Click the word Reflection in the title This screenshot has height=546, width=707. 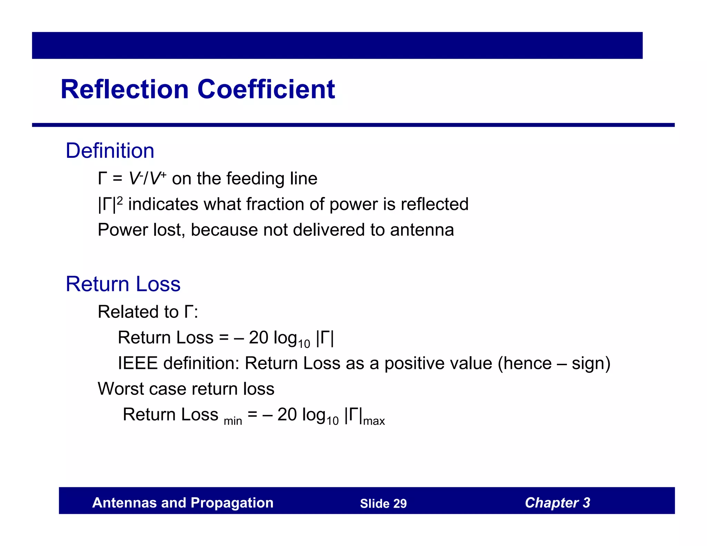click(124, 89)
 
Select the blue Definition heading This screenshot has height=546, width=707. click(110, 151)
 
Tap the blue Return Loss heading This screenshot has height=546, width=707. click(123, 284)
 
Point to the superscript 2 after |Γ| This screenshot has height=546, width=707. click(120, 200)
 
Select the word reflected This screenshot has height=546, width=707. click(434, 204)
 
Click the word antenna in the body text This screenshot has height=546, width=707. click(422, 230)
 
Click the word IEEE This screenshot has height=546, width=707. click(138, 363)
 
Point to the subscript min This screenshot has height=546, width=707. click(233, 421)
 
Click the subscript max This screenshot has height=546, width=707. click(374, 421)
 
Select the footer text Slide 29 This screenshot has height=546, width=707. click(383, 504)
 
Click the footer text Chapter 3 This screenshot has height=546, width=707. click(557, 503)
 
